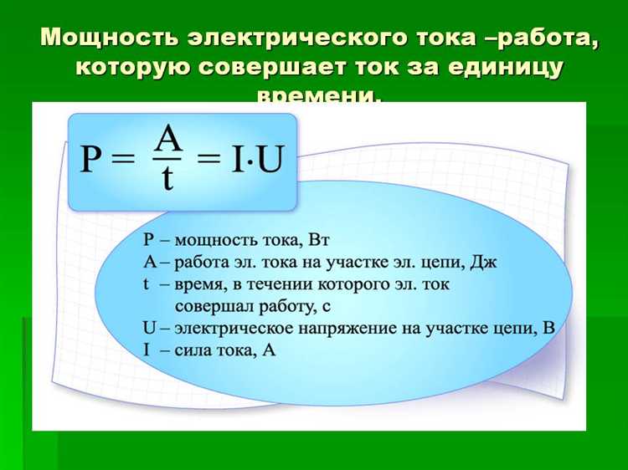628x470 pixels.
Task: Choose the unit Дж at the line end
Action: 485,263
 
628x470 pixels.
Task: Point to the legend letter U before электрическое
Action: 150,328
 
